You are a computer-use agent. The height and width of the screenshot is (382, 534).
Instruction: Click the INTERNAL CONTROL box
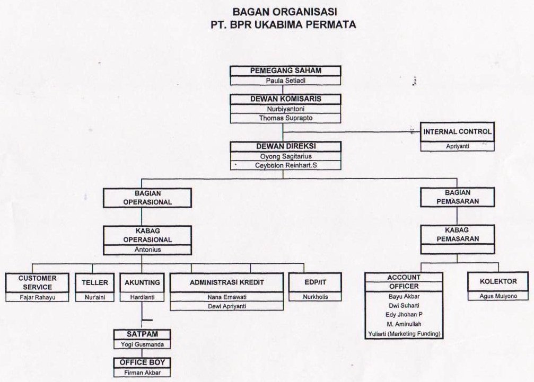point(457,131)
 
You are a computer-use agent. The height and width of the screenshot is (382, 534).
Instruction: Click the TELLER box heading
point(95,282)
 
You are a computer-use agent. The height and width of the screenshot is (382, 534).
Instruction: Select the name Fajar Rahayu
point(38,297)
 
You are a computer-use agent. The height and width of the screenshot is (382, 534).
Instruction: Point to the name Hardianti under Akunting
point(142,297)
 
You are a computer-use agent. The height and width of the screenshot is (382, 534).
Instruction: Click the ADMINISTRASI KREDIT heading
point(226,282)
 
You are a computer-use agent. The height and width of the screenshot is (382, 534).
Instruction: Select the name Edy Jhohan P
point(404,315)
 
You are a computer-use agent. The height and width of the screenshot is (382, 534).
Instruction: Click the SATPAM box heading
point(142,334)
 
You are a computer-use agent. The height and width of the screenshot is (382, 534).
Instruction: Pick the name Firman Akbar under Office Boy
point(142,372)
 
